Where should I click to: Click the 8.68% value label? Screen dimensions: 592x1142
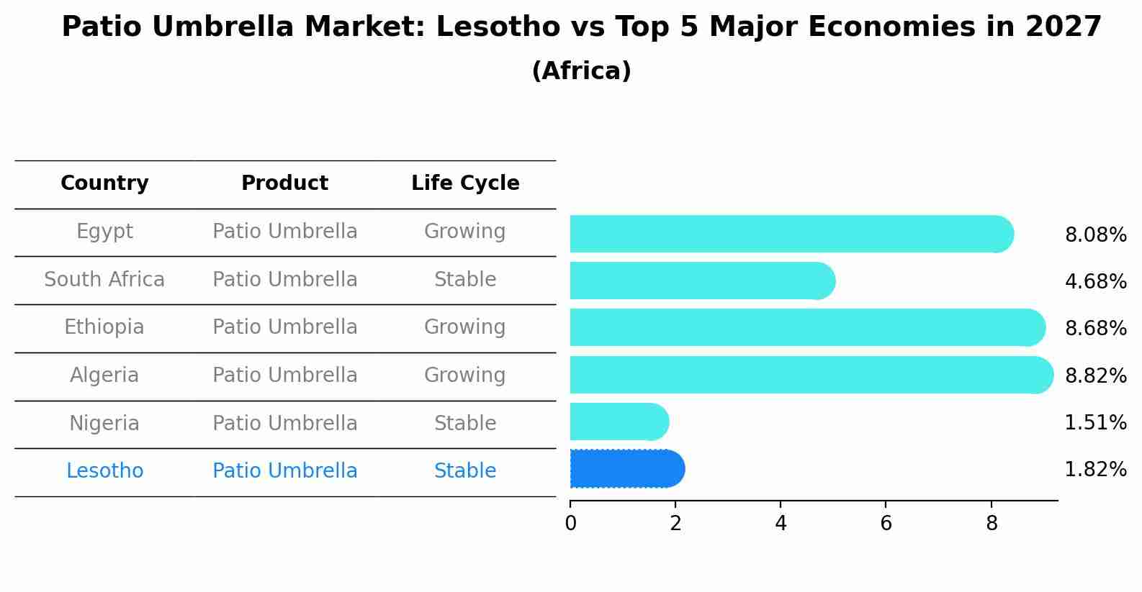(x=1095, y=329)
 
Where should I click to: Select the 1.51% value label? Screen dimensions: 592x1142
(x=1095, y=423)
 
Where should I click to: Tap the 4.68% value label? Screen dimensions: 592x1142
(x=1095, y=281)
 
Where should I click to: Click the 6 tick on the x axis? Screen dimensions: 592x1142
(x=886, y=524)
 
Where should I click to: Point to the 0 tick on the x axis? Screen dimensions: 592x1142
(x=570, y=524)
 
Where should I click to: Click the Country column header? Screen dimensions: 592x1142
(x=104, y=183)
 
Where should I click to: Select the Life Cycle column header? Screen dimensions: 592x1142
(x=465, y=183)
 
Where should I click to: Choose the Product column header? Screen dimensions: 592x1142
(x=284, y=183)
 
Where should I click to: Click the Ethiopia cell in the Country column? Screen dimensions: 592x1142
(x=104, y=327)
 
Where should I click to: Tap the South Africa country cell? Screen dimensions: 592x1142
(x=104, y=280)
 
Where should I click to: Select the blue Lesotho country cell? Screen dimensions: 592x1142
(x=104, y=471)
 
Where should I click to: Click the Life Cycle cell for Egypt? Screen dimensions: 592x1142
(x=464, y=232)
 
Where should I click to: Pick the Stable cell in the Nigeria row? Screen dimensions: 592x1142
(x=464, y=424)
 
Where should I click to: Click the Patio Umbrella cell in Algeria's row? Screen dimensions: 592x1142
(x=284, y=375)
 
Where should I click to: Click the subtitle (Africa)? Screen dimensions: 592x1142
(x=581, y=71)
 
